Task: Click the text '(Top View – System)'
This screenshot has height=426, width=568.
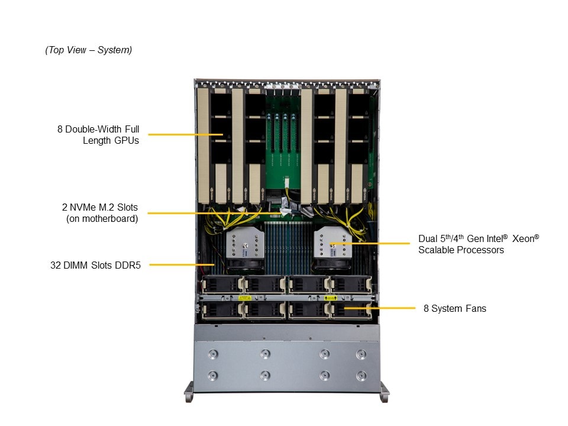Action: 89,50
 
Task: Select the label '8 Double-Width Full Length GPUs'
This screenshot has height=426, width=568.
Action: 98,135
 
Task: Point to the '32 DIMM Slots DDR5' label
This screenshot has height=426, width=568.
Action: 94,266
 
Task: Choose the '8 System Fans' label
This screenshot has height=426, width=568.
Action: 455,308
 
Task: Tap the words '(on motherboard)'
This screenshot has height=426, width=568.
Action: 102,219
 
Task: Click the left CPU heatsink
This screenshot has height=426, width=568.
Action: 241,246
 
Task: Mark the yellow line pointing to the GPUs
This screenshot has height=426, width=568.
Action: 185,135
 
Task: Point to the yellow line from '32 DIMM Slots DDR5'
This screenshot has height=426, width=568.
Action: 180,264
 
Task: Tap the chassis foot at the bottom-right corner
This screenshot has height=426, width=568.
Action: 384,391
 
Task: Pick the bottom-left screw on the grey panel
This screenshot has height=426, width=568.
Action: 213,376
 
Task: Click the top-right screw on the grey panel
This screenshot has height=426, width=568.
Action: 361,354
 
